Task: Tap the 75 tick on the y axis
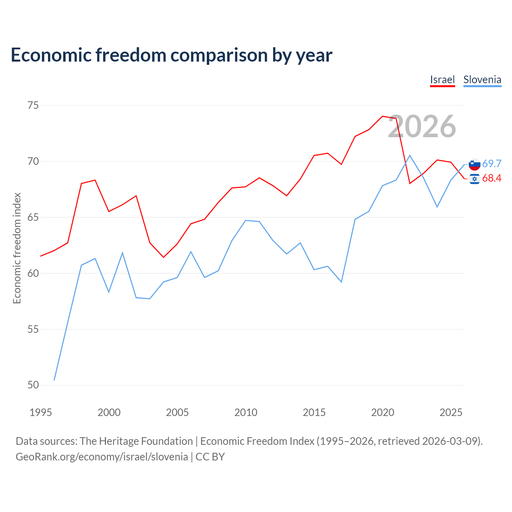(33, 106)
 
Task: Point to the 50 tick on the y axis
(33, 385)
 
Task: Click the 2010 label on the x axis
(246, 412)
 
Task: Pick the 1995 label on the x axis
(41, 412)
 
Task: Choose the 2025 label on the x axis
(451, 412)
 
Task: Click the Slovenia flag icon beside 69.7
(474, 164)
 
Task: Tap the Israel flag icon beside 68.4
(474, 179)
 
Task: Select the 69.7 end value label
(492, 164)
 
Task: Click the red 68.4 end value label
(492, 178)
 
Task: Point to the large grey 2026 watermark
(422, 126)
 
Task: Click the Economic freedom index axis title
(17, 248)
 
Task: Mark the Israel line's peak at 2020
(382, 116)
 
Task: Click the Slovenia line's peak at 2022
(410, 156)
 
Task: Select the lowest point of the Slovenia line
(54, 380)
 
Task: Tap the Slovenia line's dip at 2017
(341, 282)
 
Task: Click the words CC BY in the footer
(210, 457)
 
